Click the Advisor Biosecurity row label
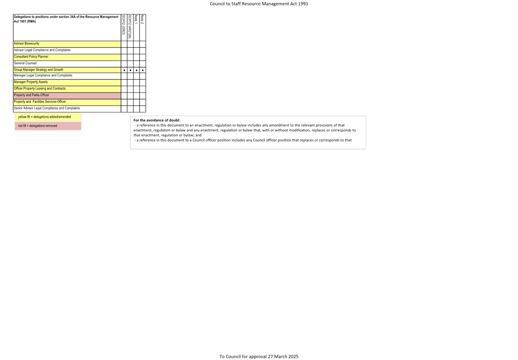point(26,43)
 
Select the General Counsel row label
point(25,63)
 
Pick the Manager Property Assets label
point(31,82)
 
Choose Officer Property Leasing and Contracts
point(40,89)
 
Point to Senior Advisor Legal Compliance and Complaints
point(47,108)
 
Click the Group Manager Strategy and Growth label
point(38,70)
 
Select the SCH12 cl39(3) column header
point(124,25)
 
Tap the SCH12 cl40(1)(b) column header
point(130,27)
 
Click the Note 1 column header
point(136,20)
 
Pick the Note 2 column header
point(143,20)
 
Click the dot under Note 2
point(143,70)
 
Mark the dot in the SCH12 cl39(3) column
point(124,70)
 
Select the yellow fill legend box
point(48,117)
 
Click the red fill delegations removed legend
point(48,126)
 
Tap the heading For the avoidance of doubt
point(157,120)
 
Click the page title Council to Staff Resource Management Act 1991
point(259,4)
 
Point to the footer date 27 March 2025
point(283,356)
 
